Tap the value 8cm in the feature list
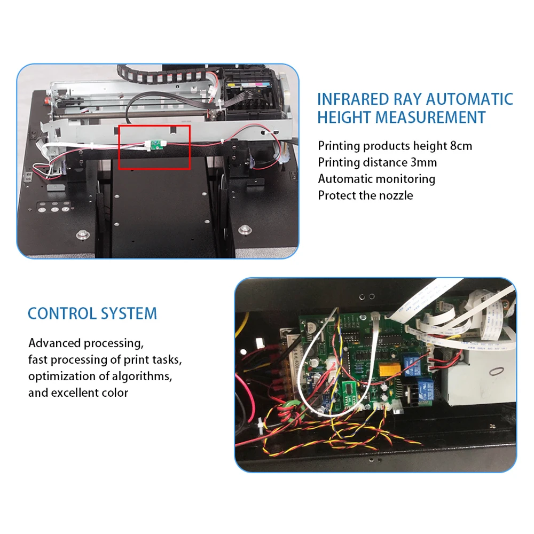tap(460, 146)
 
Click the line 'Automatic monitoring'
tap(376, 179)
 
